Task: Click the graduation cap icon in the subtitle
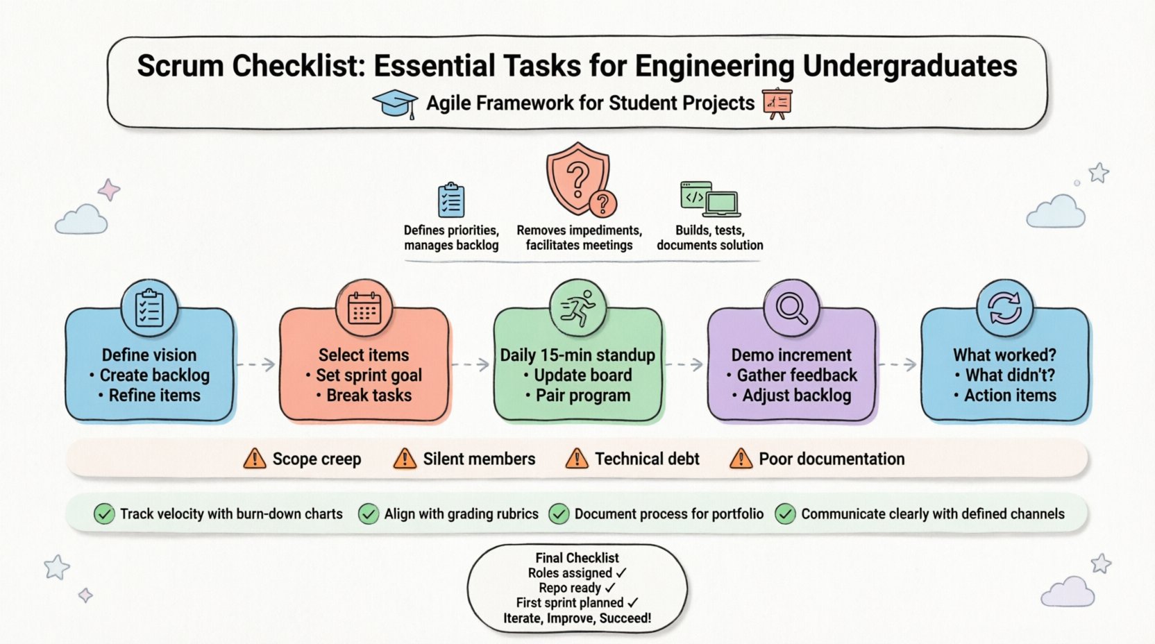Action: (x=395, y=104)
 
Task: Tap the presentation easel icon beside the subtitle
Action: (x=777, y=103)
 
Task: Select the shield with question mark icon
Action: (x=579, y=179)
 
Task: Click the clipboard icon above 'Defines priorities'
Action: (x=451, y=201)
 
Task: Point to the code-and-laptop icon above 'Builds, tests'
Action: (x=709, y=199)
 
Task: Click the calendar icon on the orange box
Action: (x=364, y=309)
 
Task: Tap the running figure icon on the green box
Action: (x=577, y=308)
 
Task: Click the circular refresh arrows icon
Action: (x=1004, y=308)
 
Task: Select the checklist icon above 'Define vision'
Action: (x=149, y=309)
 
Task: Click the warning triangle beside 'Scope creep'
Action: (x=255, y=459)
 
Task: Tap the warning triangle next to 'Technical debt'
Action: (x=576, y=459)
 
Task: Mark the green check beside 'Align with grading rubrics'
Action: (x=368, y=514)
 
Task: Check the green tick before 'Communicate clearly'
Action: (x=785, y=514)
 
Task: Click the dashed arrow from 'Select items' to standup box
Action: (x=471, y=364)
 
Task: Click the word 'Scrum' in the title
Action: (x=180, y=66)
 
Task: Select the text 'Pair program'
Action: (x=582, y=396)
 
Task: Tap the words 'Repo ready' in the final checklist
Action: (x=569, y=588)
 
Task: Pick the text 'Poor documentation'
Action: (x=831, y=459)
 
